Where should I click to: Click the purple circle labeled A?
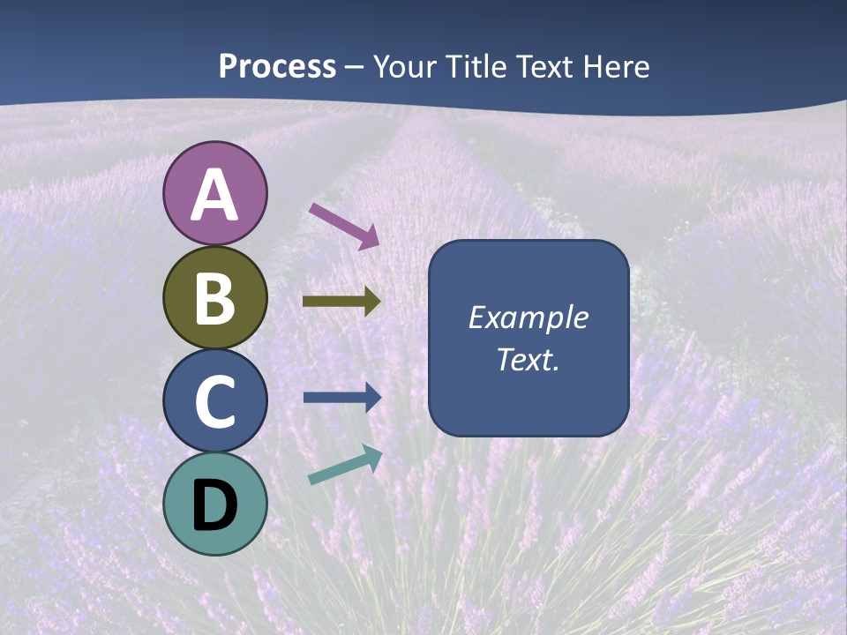pos(215,193)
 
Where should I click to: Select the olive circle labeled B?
pos(215,297)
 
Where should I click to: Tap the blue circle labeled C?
pos(215,400)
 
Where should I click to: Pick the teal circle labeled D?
pos(215,504)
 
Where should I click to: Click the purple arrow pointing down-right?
pos(344,225)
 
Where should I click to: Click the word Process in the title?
pos(277,67)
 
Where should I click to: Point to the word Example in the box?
pos(528,317)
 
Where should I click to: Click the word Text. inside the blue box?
pos(528,359)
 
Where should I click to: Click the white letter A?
pos(215,195)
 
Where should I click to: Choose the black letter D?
pos(215,505)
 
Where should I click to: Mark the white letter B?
pos(215,298)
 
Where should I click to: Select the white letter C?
pos(215,401)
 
